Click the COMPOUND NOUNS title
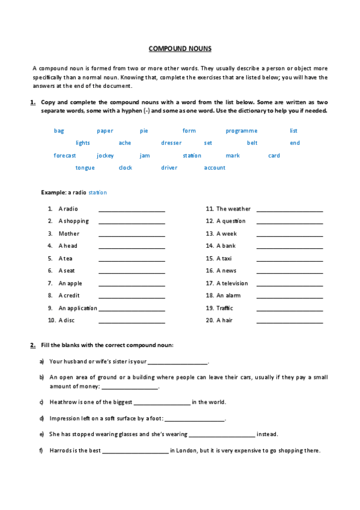(180, 49)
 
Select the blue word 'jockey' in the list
(105, 156)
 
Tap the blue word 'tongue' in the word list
(85, 168)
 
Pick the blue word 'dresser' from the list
(171, 143)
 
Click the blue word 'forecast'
(65, 156)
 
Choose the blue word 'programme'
(242, 131)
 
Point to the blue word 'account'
(215, 168)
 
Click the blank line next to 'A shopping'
(132, 222)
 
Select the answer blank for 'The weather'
(290, 210)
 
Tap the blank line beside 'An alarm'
(290, 296)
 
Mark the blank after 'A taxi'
(290, 259)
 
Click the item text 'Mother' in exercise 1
(69, 233)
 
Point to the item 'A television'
(231, 283)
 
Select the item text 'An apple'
(70, 283)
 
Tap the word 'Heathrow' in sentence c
(63, 402)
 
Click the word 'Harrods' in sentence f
(61, 450)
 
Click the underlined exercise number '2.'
(32, 345)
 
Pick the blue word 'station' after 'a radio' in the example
(97, 192)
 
